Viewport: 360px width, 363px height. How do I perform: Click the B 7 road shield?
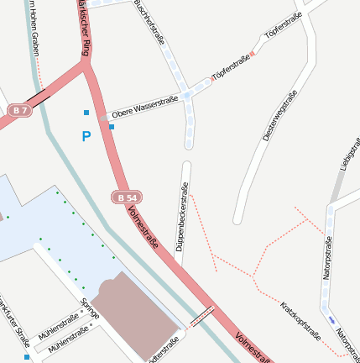pos(20,110)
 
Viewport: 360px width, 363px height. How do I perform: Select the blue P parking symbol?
pos(86,135)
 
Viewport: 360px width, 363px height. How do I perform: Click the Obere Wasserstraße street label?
pos(143,108)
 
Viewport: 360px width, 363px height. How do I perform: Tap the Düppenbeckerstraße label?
pos(180,216)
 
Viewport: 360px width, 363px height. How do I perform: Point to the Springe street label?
pos(90,308)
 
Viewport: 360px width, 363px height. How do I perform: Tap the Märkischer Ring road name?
pos(82,29)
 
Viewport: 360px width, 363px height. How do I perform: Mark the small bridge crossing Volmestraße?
pos(201,316)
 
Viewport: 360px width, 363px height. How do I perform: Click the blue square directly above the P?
pos(86,112)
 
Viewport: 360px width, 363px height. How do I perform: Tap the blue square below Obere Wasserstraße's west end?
pos(112,126)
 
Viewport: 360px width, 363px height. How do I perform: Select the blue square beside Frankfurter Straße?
pos(27,357)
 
